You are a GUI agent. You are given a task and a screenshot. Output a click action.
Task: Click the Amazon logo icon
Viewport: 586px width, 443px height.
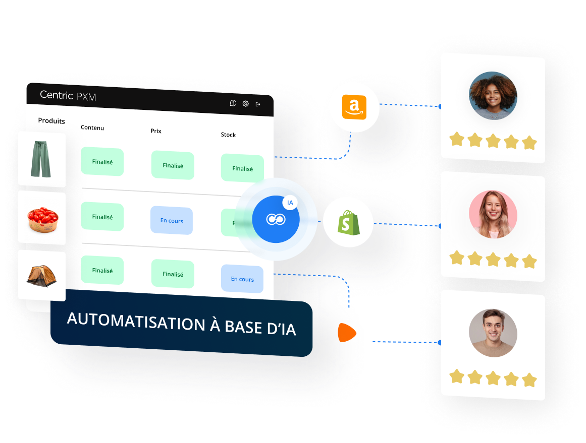[x=354, y=107]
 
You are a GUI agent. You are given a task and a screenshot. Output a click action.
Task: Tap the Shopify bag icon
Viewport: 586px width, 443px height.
[x=348, y=222]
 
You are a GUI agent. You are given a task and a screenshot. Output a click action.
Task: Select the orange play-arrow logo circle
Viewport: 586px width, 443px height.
[x=347, y=333]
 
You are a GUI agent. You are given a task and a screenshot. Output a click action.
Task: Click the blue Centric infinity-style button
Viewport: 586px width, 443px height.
[x=276, y=219]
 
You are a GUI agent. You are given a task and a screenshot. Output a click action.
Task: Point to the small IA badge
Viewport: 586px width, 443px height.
[x=290, y=203]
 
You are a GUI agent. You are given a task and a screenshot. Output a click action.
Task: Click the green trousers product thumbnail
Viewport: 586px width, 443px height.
[x=41, y=159]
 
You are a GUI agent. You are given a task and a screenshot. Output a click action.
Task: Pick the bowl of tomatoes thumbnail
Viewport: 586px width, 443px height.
[x=42, y=218]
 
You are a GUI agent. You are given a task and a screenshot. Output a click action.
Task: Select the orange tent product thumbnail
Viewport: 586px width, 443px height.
[x=42, y=275]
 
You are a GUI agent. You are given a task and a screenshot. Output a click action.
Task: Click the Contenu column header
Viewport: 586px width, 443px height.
[x=92, y=128]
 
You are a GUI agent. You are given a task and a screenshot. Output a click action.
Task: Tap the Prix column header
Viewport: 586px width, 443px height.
[x=156, y=131]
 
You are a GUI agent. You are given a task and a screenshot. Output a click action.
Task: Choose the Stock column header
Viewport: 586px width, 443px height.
[x=228, y=135]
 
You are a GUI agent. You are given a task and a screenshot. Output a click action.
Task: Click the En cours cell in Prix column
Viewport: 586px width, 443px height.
[x=172, y=221]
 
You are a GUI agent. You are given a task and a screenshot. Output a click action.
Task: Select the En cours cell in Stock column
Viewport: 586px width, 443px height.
[x=242, y=279]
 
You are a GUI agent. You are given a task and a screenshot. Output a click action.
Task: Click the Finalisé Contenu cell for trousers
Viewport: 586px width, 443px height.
[x=102, y=162]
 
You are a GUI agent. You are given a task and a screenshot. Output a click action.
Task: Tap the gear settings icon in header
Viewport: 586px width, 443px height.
[x=246, y=104]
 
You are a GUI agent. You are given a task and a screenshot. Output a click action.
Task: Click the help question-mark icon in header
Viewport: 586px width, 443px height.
[x=233, y=103]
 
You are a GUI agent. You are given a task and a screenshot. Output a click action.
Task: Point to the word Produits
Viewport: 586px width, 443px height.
[x=51, y=121]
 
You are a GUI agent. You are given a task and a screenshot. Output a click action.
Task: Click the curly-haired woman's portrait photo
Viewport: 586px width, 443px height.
[x=493, y=95]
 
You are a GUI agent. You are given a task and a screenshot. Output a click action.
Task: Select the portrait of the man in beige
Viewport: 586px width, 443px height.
[x=493, y=333]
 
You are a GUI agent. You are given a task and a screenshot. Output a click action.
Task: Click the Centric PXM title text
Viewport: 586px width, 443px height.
[x=68, y=95]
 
